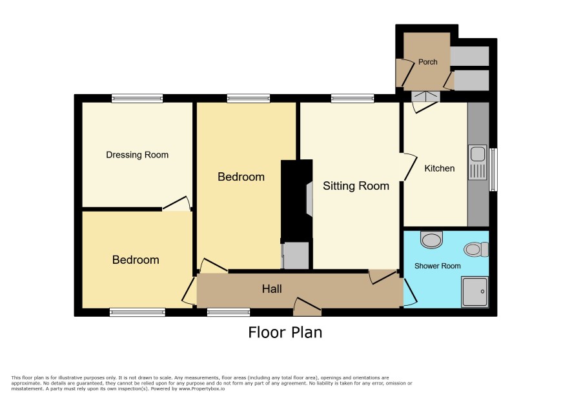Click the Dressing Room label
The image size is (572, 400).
(137, 155)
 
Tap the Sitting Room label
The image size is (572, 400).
(356, 186)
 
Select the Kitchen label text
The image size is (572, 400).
(439, 168)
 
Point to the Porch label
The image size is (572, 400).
(427, 62)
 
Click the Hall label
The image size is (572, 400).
(272, 289)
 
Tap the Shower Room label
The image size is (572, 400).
(437, 266)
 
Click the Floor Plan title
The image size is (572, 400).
(285, 332)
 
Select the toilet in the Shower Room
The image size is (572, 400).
(476, 250)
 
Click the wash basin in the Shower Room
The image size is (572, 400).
(431, 239)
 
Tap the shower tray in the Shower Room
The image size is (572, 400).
(475, 292)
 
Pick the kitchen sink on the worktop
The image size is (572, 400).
(478, 163)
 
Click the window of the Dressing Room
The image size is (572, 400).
(137, 98)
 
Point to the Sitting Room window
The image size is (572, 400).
(352, 98)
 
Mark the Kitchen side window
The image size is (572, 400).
(493, 169)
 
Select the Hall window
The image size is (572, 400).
(229, 312)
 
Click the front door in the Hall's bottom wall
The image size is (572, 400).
(307, 306)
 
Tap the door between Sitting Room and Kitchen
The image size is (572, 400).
(408, 167)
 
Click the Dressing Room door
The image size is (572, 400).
(177, 204)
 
